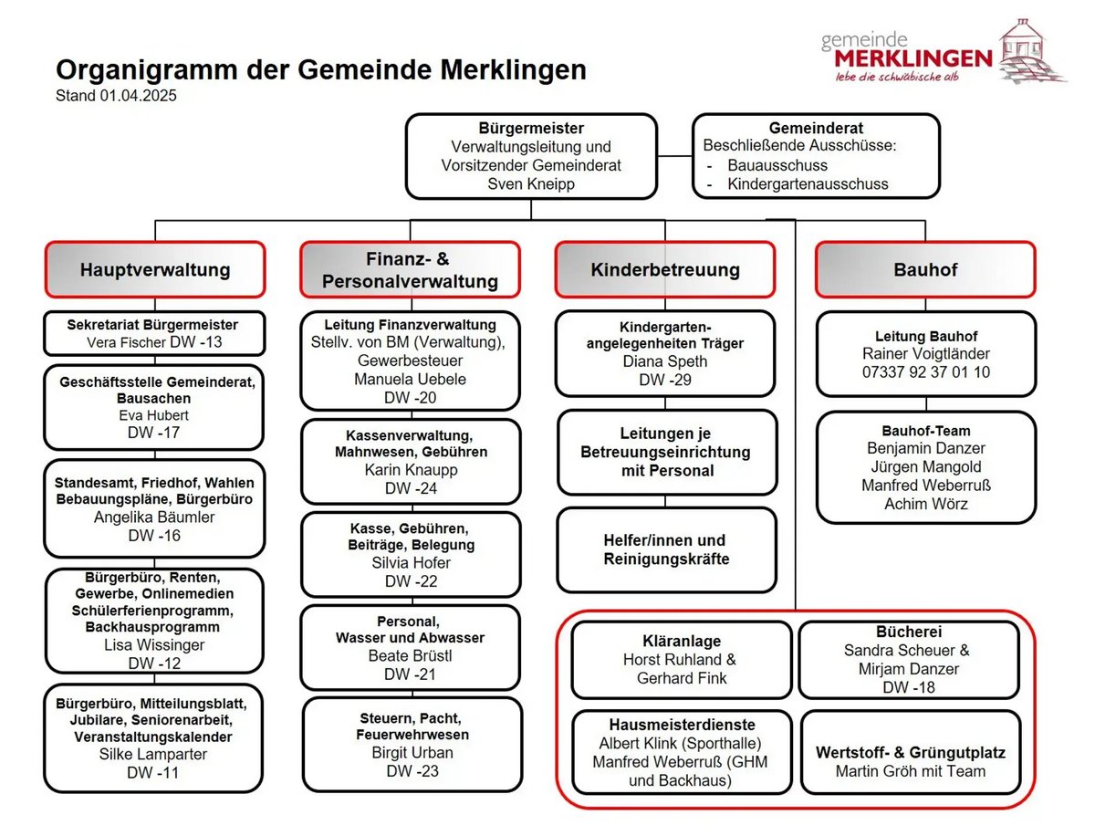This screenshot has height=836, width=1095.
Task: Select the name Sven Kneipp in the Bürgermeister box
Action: pyautogui.click(x=531, y=183)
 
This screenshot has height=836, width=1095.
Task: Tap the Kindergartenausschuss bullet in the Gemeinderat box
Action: pyautogui.click(x=808, y=183)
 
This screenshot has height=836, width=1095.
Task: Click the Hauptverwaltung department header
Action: pyautogui.click(x=155, y=269)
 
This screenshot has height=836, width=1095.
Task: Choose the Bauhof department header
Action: pyautogui.click(x=925, y=269)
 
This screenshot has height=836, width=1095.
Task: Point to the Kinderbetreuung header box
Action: pyautogui.click(x=665, y=269)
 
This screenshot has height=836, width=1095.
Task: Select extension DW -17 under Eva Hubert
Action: pyautogui.click(x=154, y=433)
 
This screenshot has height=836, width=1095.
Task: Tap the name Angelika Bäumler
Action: pyautogui.click(x=154, y=517)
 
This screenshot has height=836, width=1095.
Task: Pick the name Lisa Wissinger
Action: pyautogui.click(x=154, y=645)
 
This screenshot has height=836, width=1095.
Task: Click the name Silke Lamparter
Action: pyautogui.click(x=153, y=755)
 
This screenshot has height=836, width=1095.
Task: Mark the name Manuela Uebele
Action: pyautogui.click(x=410, y=379)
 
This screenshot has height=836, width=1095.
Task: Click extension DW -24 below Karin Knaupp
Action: pyautogui.click(x=411, y=488)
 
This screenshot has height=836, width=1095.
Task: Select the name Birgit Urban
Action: pyautogui.click(x=412, y=753)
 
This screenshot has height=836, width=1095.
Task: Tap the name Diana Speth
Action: pyautogui.click(x=664, y=361)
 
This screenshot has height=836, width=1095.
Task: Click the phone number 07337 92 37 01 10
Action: pyautogui.click(x=925, y=372)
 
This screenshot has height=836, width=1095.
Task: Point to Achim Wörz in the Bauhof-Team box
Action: pyautogui.click(x=925, y=504)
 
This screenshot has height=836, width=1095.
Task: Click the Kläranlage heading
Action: pyautogui.click(x=681, y=641)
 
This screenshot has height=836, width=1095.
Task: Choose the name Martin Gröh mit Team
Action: pyautogui.click(x=911, y=771)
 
